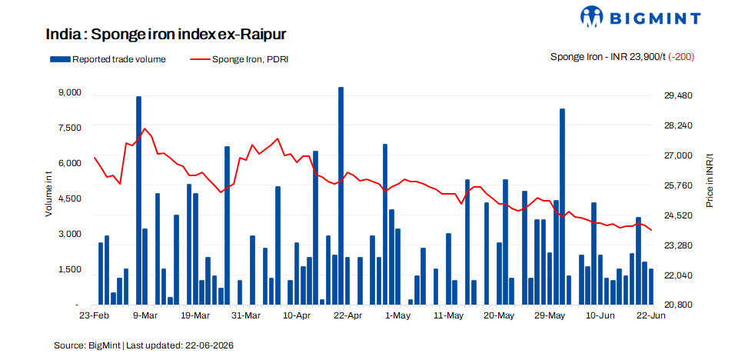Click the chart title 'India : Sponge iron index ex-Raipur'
[166, 35]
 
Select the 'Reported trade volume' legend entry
[108, 59]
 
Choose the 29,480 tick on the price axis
[672, 95]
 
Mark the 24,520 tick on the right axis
[672, 215]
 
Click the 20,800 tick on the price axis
[672, 305]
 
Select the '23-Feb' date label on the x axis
[93, 315]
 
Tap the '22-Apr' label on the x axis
[347, 315]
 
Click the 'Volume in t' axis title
[49, 194]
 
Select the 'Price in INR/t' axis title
[710, 181]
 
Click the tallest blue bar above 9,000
[341, 195]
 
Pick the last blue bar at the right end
[651, 286]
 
